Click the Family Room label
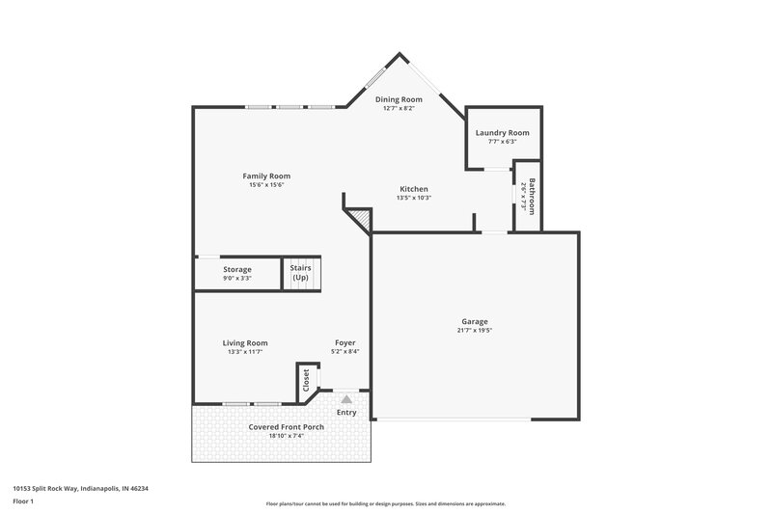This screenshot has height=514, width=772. click(x=266, y=176)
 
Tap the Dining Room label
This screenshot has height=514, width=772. click(x=399, y=99)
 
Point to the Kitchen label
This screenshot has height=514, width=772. click(x=413, y=189)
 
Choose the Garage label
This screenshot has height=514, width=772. click(x=474, y=321)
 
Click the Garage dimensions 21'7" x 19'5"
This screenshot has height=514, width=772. click(x=474, y=330)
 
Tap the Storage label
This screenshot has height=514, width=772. click(x=237, y=269)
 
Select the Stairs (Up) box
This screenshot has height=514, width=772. click(x=301, y=273)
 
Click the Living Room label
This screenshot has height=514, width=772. click(x=245, y=342)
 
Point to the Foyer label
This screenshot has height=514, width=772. click(x=345, y=342)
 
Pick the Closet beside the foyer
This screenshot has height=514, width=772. click(x=306, y=379)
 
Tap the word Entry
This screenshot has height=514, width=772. click(x=346, y=413)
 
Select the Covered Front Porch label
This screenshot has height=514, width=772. click(x=286, y=426)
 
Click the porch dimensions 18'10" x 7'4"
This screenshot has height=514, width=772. click(x=286, y=435)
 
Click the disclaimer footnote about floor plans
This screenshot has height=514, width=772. click(x=386, y=503)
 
